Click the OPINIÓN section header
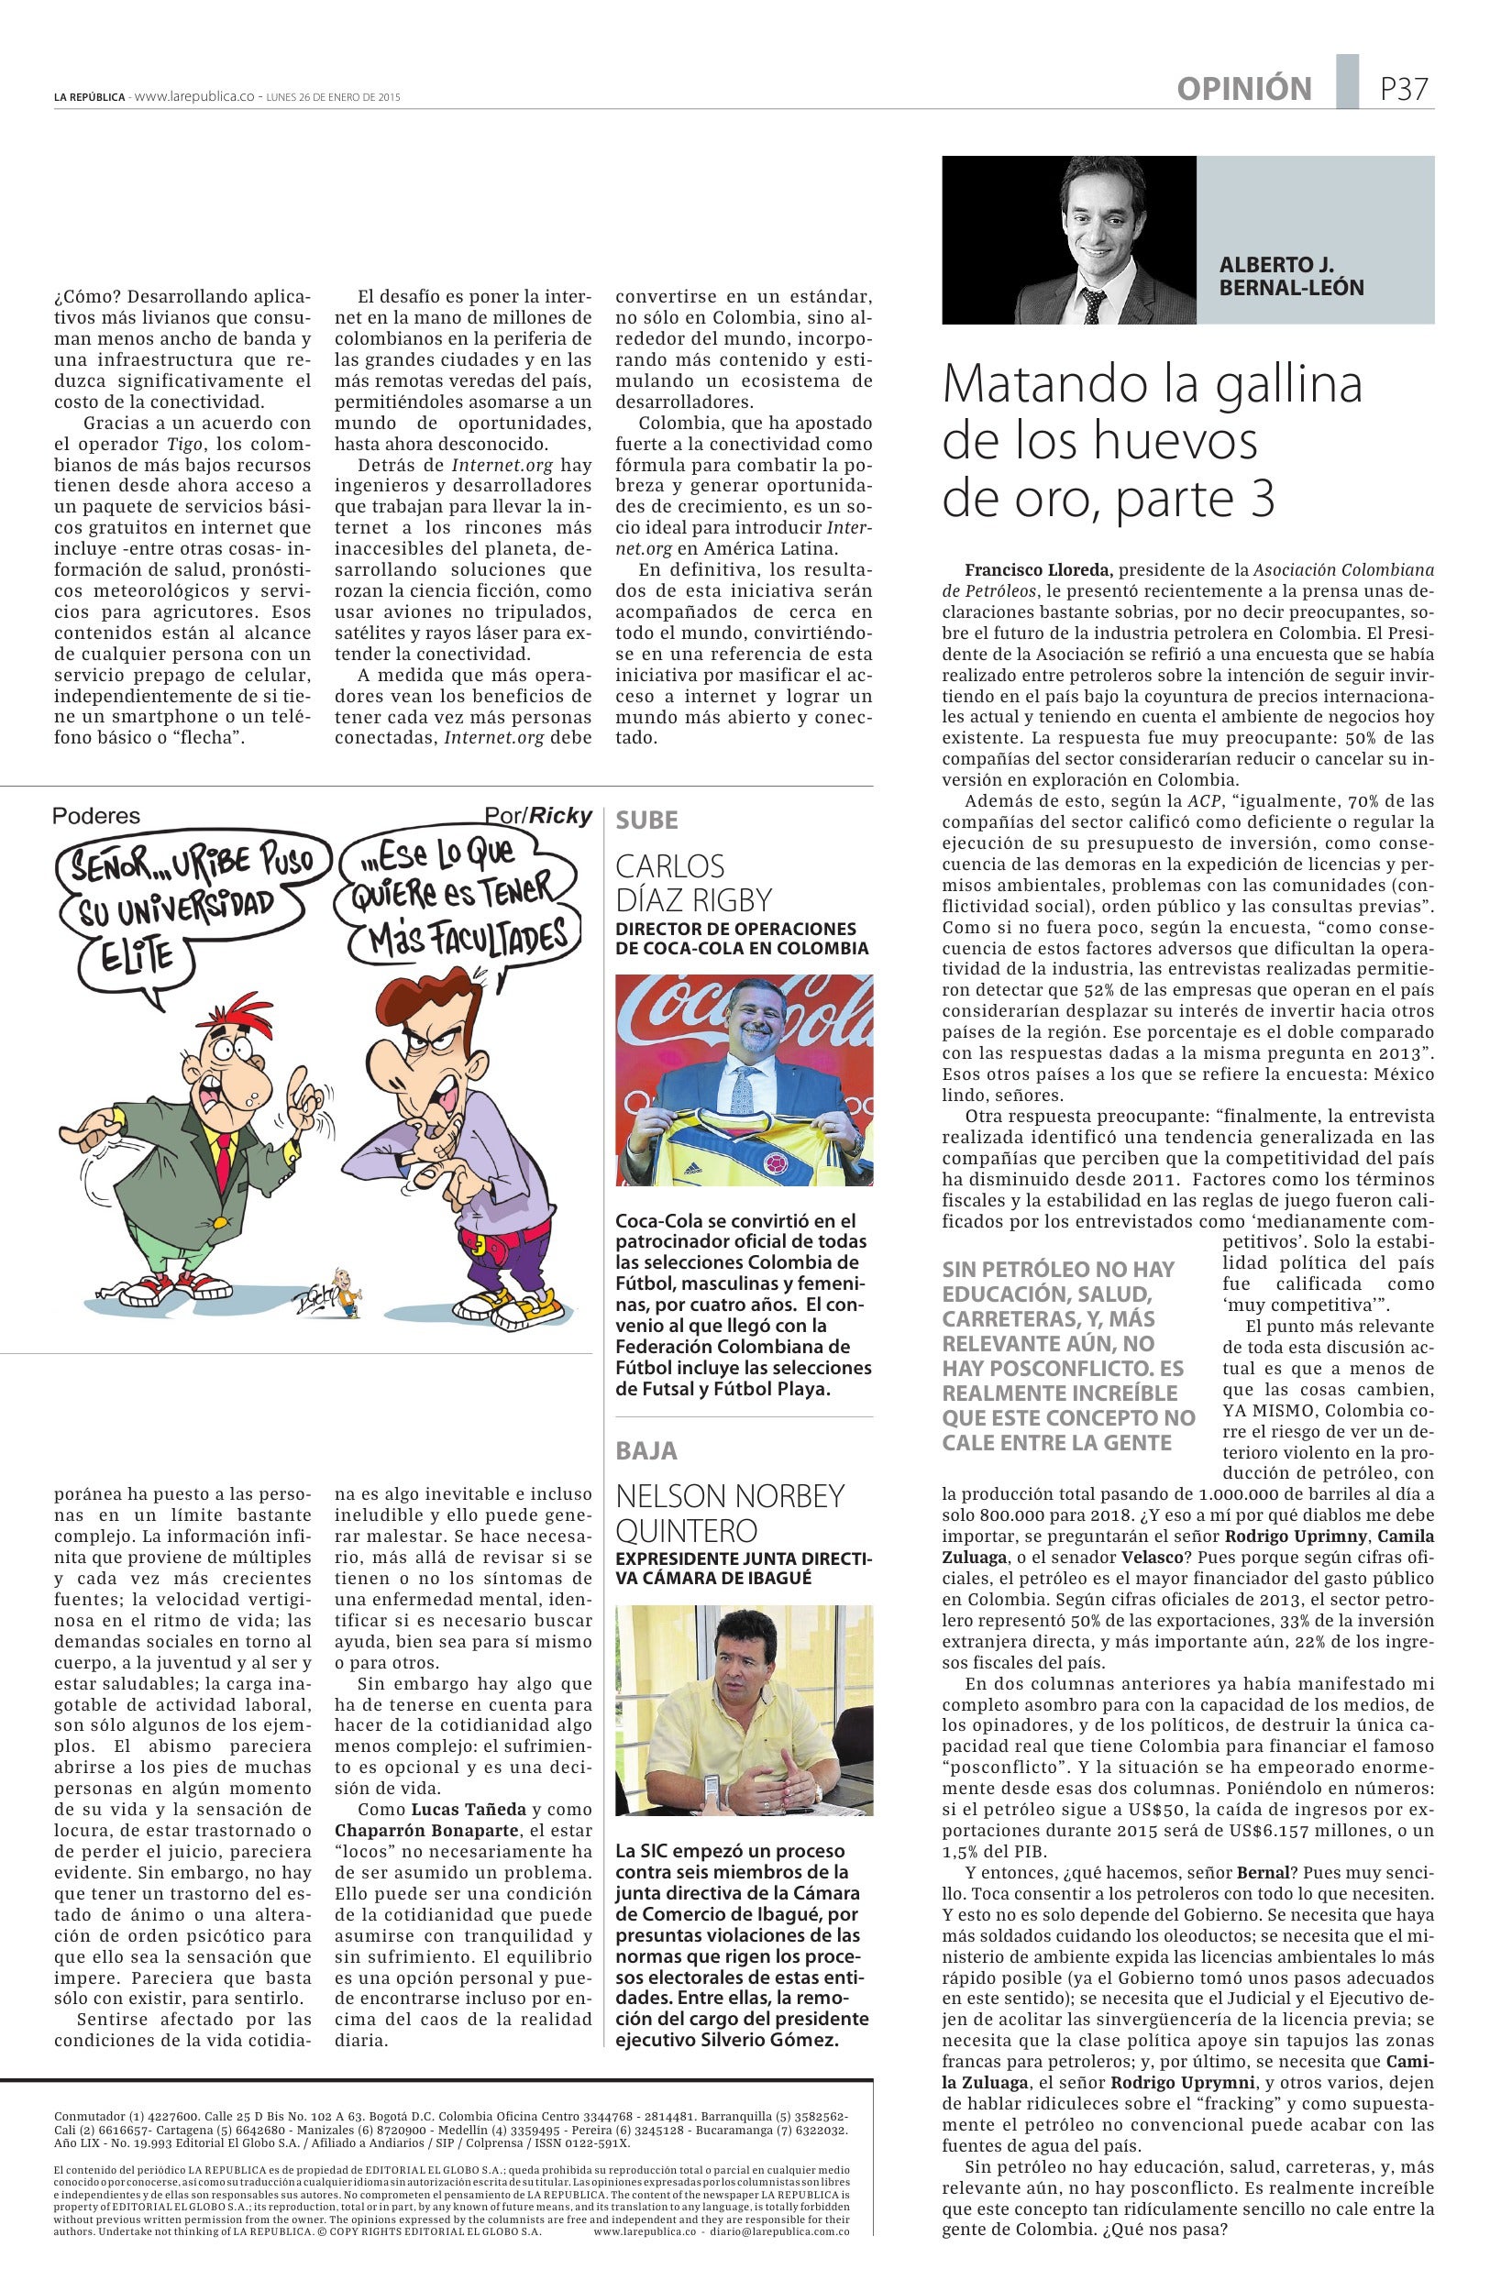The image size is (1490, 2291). [1243, 90]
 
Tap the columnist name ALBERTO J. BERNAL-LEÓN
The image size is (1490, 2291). [1291, 276]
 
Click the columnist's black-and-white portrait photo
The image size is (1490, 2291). [1068, 239]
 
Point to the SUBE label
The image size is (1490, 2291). [646, 821]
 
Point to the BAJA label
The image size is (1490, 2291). [646, 1449]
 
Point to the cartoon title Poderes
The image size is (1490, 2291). [96, 815]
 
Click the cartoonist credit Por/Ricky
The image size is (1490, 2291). [538, 815]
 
